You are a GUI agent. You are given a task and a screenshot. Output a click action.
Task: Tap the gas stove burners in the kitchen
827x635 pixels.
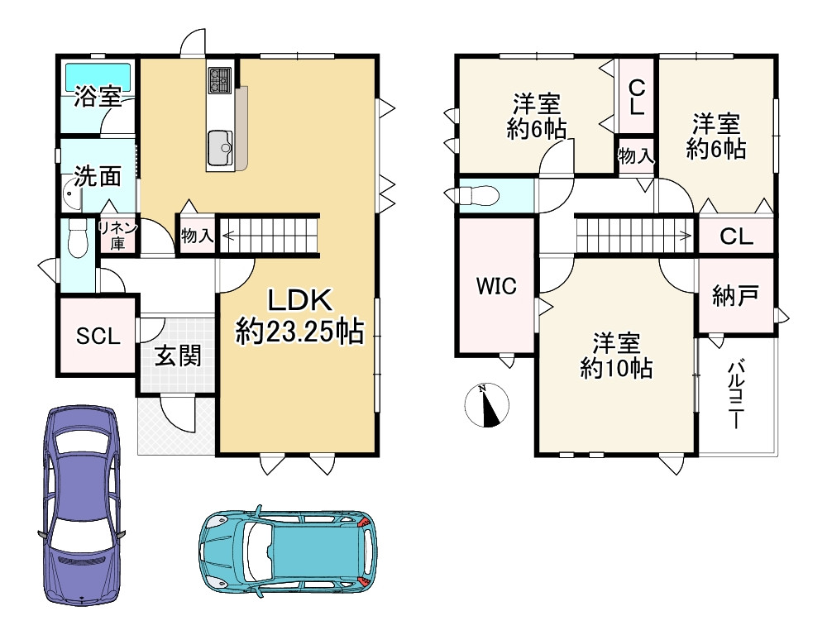pyautogui.click(x=220, y=80)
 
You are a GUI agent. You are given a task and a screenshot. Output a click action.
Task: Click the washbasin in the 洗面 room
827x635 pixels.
pyautogui.click(x=71, y=194)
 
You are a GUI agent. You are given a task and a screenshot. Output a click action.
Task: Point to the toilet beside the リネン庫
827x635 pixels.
pyautogui.click(x=78, y=238)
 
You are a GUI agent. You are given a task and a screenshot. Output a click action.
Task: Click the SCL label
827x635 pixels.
pyautogui.click(x=98, y=336)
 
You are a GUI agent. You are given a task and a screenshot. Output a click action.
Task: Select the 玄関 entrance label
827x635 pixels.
pyautogui.click(x=178, y=356)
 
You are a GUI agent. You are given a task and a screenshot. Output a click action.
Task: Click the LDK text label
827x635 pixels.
pyautogui.click(x=300, y=301)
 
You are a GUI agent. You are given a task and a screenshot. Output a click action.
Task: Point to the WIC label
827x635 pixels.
pyautogui.click(x=496, y=286)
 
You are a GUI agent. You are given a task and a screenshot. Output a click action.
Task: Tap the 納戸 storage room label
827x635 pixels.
pyautogui.click(x=735, y=295)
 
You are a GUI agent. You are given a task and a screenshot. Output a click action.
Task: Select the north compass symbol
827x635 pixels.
pyautogui.click(x=487, y=405)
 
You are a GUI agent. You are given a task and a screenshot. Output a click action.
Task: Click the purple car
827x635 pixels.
pyautogui.click(x=81, y=504)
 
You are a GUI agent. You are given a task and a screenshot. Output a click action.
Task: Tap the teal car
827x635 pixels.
pyautogui.click(x=288, y=551)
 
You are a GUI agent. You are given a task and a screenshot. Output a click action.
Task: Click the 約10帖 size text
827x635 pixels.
pyautogui.click(x=616, y=368)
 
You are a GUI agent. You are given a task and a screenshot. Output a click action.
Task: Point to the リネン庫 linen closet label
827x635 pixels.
pyautogui.click(x=118, y=235)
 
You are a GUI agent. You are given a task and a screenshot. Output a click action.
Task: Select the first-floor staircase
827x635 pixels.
pyautogui.click(x=269, y=235)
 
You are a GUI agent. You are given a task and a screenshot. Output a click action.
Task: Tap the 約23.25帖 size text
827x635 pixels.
pyautogui.click(x=300, y=332)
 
